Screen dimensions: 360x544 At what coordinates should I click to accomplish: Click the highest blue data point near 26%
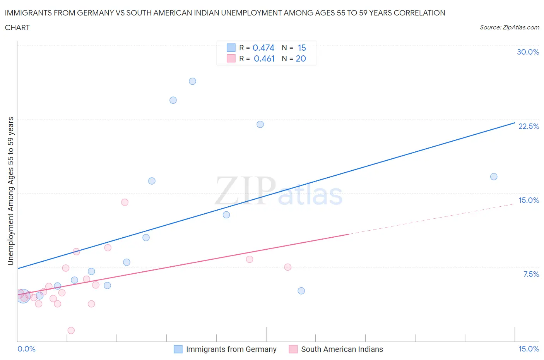[192, 81]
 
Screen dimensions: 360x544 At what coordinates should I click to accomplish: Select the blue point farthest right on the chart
[494, 177]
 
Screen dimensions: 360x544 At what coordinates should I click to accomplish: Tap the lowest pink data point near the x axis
[71, 330]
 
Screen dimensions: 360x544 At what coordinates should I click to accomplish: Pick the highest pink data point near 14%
[125, 202]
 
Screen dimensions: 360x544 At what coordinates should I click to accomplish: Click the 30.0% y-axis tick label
[528, 52]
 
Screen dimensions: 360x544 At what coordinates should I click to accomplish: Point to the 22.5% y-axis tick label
[529, 126]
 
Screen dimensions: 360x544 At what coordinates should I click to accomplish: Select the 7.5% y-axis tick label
[531, 274]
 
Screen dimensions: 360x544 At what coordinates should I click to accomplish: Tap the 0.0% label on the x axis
[26, 349]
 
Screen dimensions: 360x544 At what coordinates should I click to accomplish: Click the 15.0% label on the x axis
[529, 349]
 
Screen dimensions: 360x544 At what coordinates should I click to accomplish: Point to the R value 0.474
[263, 48]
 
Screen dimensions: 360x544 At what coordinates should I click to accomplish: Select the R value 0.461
[264, 58]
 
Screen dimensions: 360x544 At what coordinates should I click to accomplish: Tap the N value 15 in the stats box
[302, 48]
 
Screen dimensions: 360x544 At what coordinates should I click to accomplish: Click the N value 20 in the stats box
[301, 58]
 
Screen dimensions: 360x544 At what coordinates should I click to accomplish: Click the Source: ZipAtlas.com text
[509, 27]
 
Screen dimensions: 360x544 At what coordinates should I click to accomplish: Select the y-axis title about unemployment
[10, 191]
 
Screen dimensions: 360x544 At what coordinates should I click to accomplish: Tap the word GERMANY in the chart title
[95, 13]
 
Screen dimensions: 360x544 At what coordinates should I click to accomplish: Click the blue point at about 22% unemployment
[260, 124]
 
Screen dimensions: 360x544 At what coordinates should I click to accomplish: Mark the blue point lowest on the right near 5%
[301, 291]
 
